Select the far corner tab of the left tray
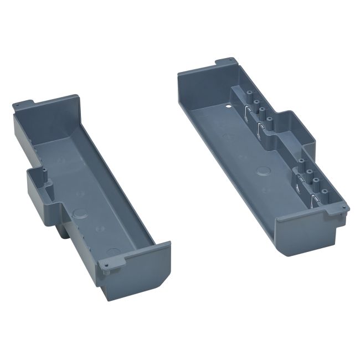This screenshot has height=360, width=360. [x=24, y=104]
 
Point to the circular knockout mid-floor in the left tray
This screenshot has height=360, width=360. [x=80, y=213]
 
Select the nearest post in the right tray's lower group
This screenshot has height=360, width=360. [x=317, y=191]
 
